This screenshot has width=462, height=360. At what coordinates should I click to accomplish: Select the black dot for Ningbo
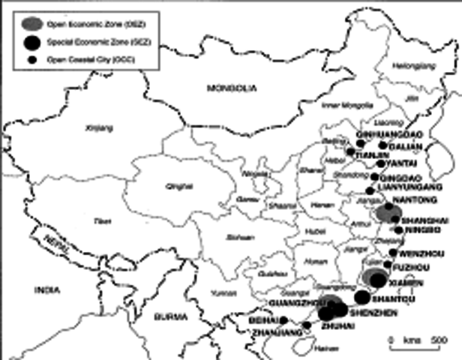click(x=398, y=229)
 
